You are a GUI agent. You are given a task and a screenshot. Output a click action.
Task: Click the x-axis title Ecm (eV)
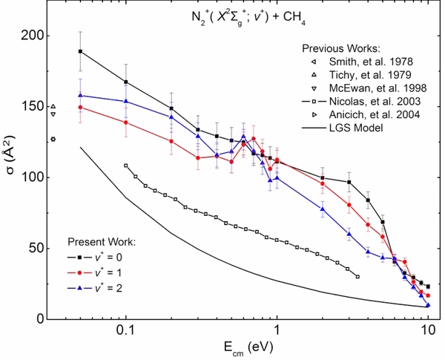coord(239,346)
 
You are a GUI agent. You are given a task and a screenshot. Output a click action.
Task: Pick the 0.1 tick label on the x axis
coord(125,330)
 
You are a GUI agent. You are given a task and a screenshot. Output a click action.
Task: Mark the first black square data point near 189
coord(80,51)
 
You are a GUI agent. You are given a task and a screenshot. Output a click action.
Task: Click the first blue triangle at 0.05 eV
coord(80,95)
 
